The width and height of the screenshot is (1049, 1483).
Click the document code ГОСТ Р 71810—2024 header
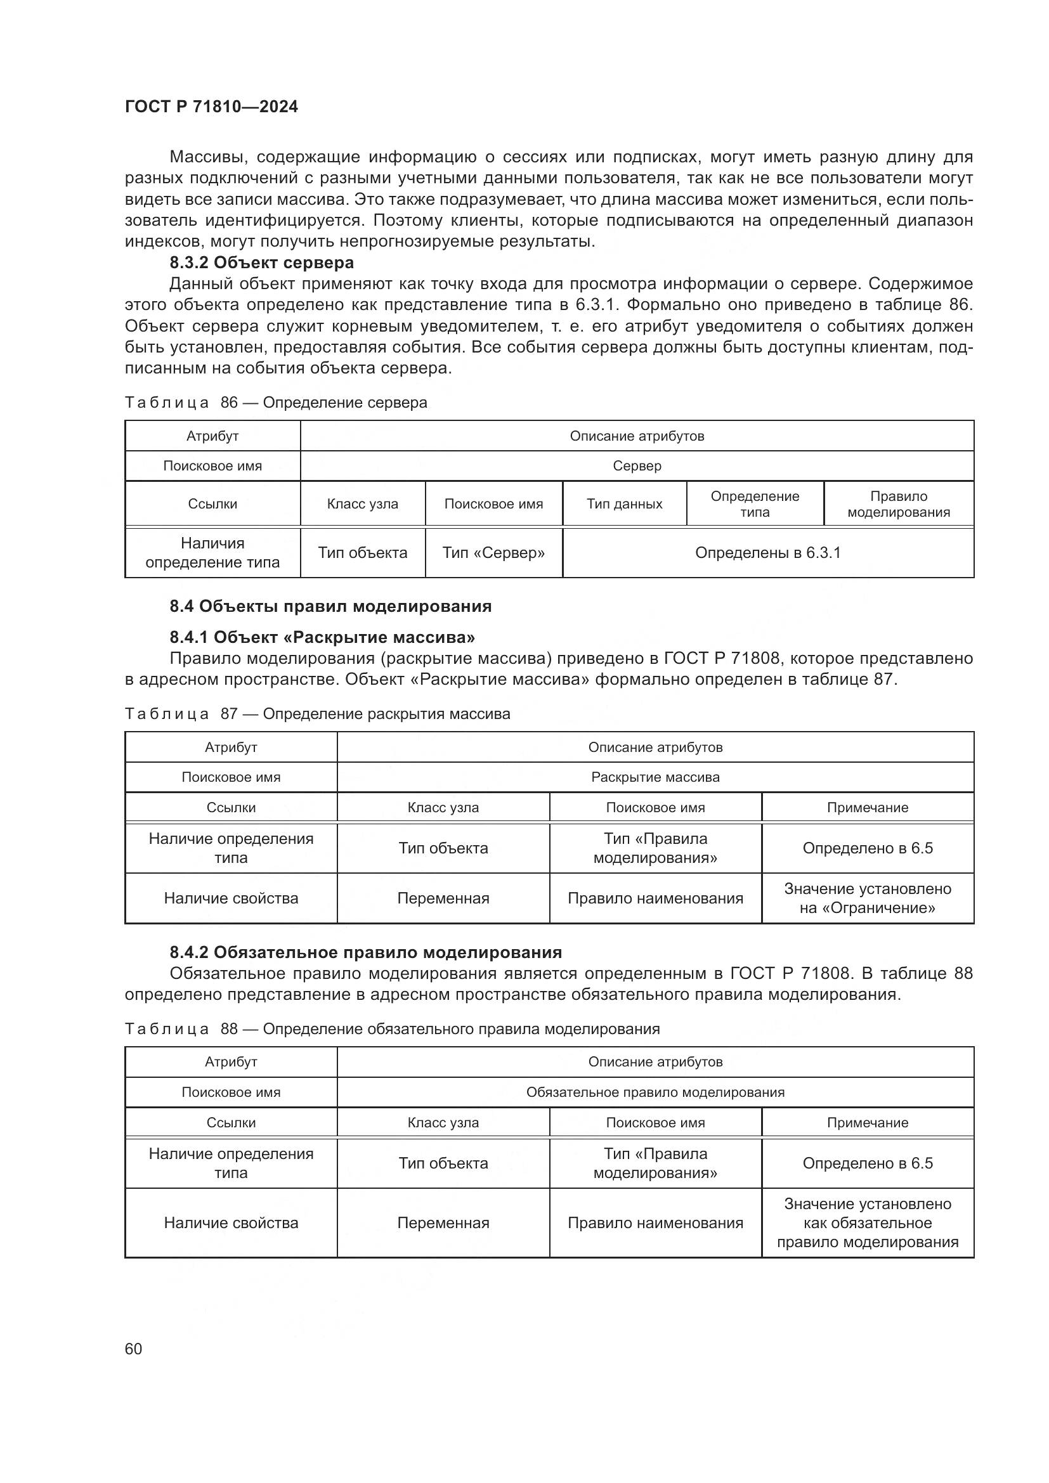click(x=211, y=107)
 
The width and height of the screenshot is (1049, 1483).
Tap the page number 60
click(x=133, y=1349)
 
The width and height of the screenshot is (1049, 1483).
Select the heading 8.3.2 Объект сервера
click(x=261, y=263)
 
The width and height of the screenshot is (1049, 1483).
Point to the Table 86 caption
click(x=276, y=403)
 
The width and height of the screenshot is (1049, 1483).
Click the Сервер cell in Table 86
click(x=636, y=466)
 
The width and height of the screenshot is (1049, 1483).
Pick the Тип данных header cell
click(x=624, y=504)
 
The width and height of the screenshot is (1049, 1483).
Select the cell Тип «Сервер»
click(x=493, y=553)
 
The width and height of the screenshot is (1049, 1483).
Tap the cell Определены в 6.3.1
click(x=767, y=553)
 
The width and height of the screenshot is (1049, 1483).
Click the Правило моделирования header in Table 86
click(x=899, y=504)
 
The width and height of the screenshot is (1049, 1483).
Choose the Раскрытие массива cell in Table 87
click(x=655, y=777)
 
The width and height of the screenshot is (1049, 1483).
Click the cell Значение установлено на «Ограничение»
click(x=868, y=898)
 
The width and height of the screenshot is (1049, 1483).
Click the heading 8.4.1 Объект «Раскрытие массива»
click(x=322, y=637)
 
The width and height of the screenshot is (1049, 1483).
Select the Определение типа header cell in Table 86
click(x=755, y=504)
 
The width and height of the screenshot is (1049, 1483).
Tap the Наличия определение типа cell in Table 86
click(x=212, y=553)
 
